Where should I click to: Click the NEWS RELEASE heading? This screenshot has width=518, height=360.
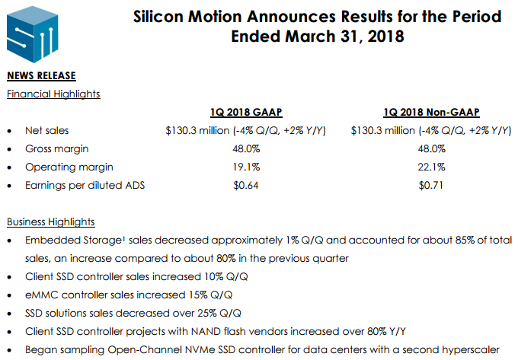[41, 76]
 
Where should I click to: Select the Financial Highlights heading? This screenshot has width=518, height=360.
[53, 94]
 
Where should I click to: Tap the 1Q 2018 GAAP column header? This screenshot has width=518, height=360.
[245, 112]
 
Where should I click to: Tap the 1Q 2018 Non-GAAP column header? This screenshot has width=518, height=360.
[431, 112]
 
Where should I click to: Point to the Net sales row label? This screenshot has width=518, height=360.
[47, 130]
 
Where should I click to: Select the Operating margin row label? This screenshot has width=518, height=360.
[67, 167]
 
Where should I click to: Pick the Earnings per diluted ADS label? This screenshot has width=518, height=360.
[85, 185]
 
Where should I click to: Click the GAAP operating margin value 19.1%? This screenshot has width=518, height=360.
[245, 167]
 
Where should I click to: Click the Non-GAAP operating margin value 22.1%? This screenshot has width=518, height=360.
[431, 167]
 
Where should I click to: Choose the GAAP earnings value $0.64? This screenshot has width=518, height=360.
[245, 185]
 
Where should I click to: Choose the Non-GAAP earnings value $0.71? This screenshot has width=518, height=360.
[431, 185]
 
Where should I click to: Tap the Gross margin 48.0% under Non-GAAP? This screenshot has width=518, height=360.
[431, 148]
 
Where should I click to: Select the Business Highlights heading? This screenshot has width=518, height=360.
[50, 221]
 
